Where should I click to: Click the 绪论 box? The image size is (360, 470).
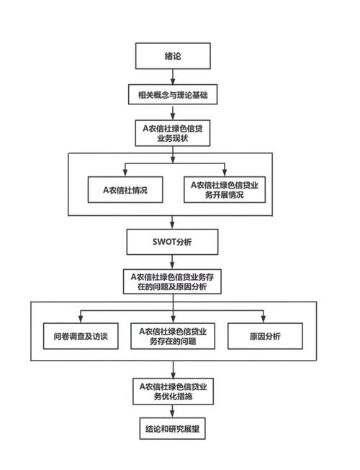click(x=173, y=56)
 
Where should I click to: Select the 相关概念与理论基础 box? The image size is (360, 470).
click(x=173, y=94)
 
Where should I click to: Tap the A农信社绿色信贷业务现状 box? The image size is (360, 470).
click(x=173, y=133)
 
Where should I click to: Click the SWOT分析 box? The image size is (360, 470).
click(x=173, y=242)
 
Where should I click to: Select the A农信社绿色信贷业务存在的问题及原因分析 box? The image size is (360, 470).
click(x=173, y=281)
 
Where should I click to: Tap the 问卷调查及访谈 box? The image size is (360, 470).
click(x=80, y=336)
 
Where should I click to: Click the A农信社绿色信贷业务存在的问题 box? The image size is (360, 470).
click(x=173, y=336)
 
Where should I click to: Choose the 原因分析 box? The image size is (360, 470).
click(x=265, y=336)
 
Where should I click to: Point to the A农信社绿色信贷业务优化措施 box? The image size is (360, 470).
click(x=173, y=392)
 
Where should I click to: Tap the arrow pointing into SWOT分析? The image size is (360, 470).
click(x=173, y=222)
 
